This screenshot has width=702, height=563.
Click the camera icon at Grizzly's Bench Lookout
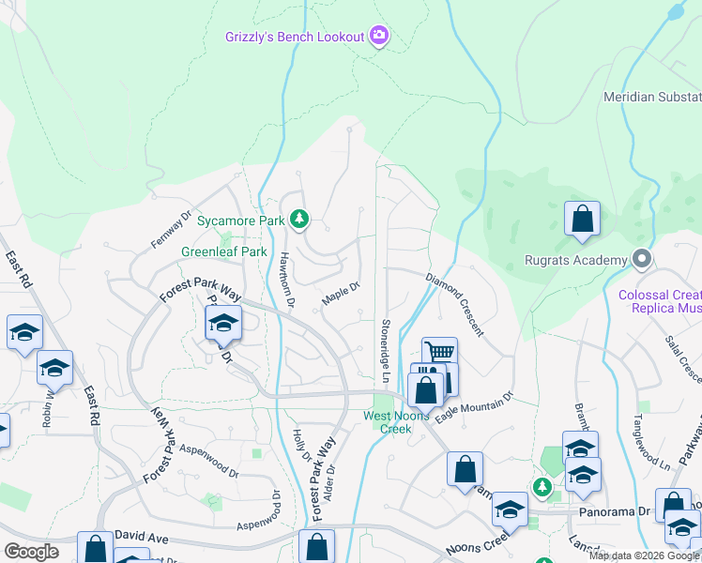point(379,37)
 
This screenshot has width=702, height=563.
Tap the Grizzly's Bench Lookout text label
point(294,37)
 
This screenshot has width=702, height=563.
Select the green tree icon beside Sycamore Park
point(299,220)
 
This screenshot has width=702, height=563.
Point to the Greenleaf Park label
point(224,252)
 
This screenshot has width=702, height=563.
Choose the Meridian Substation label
point(651,97)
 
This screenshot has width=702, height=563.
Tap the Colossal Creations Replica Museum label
point(660,300)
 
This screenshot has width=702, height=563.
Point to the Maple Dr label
point(342,295)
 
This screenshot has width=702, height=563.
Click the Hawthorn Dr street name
point(286,278)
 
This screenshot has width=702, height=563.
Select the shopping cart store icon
point(439,353)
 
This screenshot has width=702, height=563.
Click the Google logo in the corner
point(30,551)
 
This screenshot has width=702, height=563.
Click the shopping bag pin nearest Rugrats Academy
point(582,219)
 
